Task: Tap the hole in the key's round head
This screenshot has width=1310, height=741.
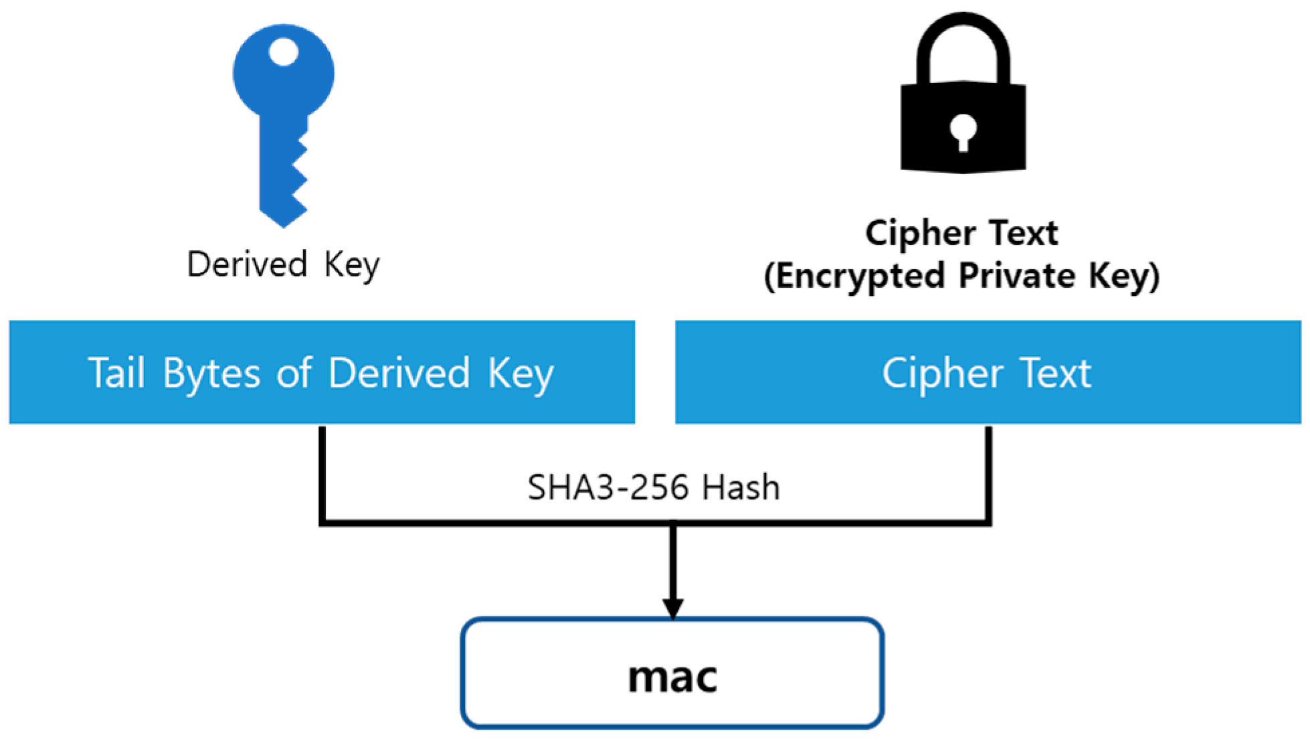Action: coord(283,52)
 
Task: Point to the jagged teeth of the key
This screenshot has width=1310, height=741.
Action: coord(299,174)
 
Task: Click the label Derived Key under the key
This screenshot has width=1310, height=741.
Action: coord(283,264)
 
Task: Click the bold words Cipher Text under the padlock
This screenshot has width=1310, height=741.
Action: coord(961,234)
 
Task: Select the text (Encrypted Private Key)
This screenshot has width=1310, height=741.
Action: coord(961,276)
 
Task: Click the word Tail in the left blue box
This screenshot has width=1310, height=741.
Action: coord(116,373)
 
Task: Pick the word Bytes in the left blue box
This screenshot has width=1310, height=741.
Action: coord(211,373)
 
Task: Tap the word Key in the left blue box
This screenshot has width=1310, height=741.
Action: coord(521,373)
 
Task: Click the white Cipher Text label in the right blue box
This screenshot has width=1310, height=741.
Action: coord(986,373)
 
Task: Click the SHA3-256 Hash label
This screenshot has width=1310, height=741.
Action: coord(653,487)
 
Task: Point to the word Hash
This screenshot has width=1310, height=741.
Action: coord(741,487)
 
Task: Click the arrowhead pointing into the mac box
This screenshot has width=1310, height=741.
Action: coord(672,608)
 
